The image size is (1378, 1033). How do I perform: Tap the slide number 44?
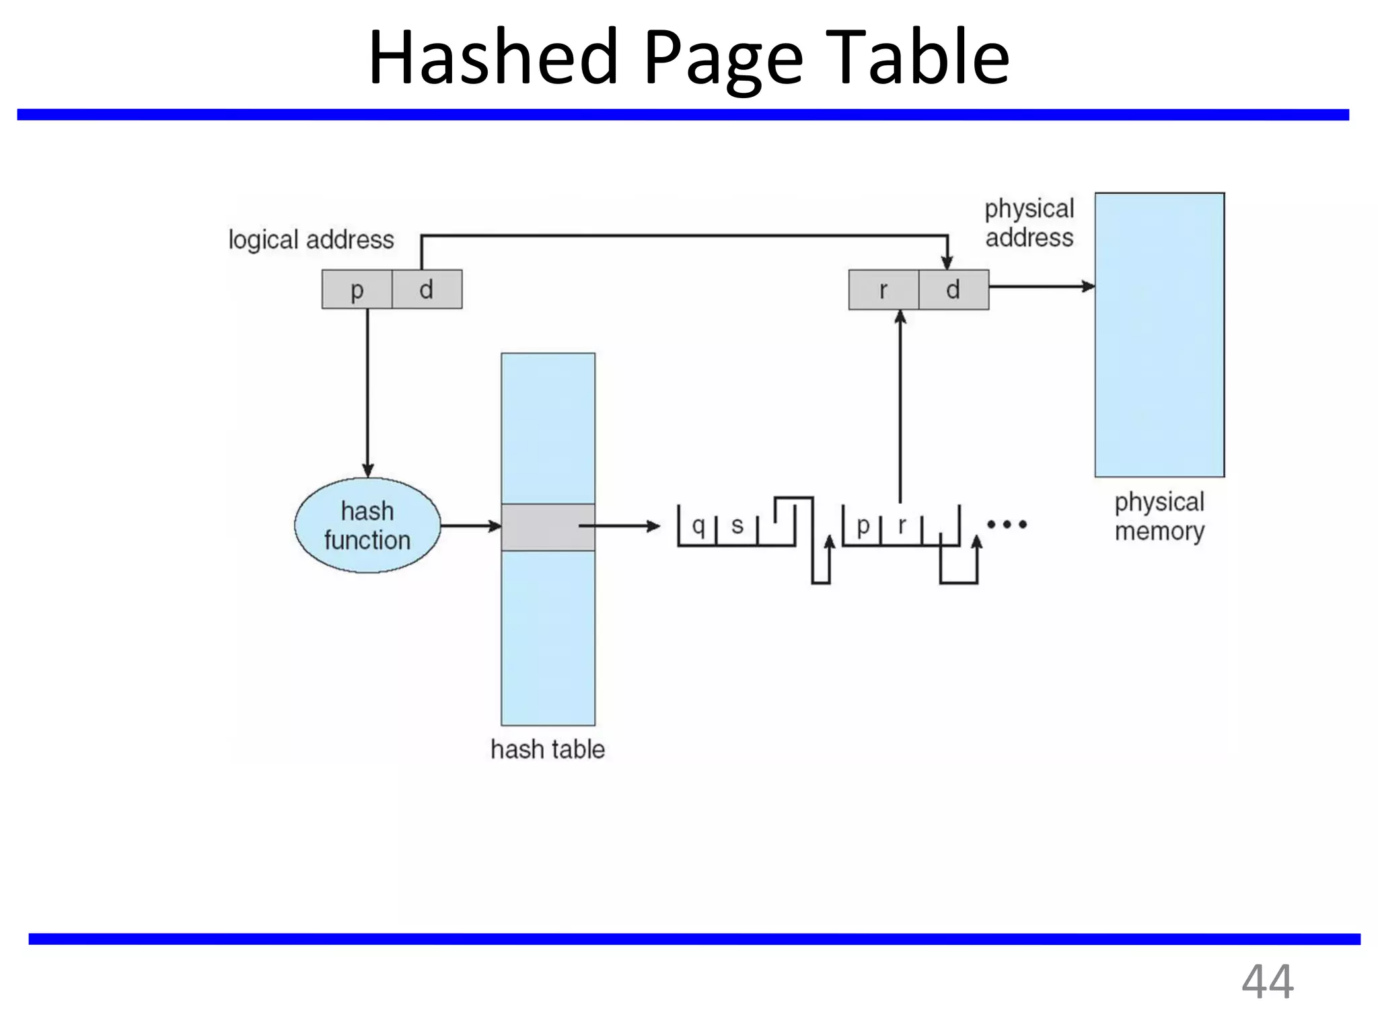(x=1267, y=983)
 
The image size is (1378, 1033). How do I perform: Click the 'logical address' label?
(x=311, y=240)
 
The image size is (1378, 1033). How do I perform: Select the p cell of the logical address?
(x=357, y=290)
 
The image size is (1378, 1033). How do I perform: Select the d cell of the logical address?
(x=427, y=290)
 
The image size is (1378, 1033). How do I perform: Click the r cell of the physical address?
(x=883, y=290)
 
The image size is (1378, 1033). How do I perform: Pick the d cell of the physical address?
(x=953, y=290)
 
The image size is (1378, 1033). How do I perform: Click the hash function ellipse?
(x=367, y=525)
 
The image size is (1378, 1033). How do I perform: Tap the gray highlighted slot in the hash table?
(x=548, y=527)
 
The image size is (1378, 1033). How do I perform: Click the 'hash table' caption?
(x=548, y=749)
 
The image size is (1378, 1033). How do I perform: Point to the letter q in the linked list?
(x=698, y=525)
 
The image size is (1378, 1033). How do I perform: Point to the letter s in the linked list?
(x=737, y=525)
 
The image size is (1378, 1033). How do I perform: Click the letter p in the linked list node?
(x=863, y=525)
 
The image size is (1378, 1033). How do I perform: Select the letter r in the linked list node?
(x=902, y=525)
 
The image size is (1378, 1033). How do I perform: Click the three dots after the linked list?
(x=1007, y=524)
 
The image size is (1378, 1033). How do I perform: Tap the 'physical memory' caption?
(x=1159, y=516)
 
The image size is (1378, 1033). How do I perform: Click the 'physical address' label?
(x=1029, y=223)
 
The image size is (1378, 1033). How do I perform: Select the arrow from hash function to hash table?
(x=470, y=525)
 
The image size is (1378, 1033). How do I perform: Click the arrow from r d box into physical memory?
(x=1041, y=286)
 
